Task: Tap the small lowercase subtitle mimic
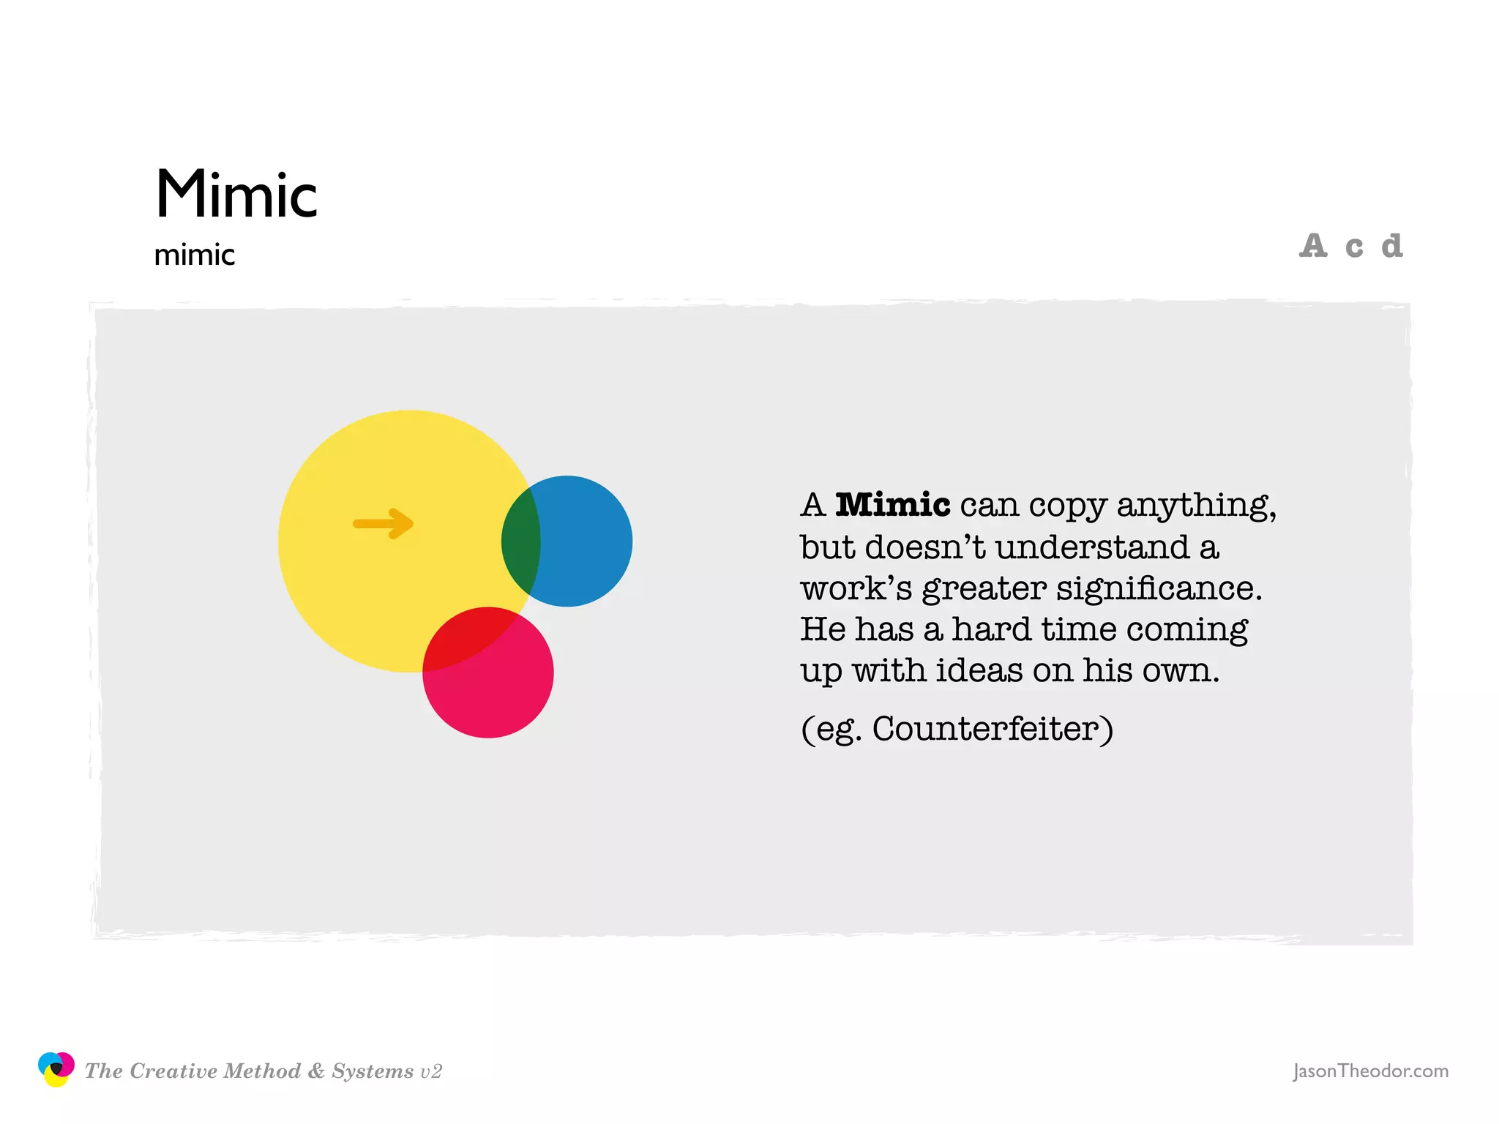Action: tap(194, 255)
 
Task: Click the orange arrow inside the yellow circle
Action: tap(384, 523)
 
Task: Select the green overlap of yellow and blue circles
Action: tap(520, 542)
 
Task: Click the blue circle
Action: tap(586, 542)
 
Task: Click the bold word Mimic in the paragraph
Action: tap(892, 505)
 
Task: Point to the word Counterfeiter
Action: tap(993, 729)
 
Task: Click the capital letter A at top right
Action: tap(1313, 246)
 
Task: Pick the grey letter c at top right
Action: tap(1354, 247)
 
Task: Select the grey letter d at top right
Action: tap(1391, 246)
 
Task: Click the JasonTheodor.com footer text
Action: tap(1370, 1071)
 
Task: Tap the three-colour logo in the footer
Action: tap(56, 1069)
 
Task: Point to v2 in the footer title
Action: tap(431, 1072)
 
